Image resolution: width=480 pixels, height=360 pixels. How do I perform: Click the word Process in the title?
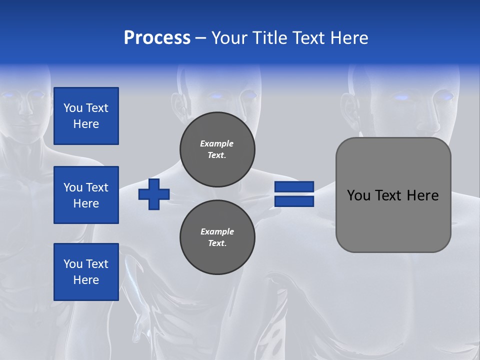pos(157,38)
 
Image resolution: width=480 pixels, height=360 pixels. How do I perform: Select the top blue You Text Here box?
pos(86,116)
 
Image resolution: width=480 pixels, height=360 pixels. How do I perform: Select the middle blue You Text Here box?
pos(86,195)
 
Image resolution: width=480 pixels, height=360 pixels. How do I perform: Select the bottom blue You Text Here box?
pos(86,272)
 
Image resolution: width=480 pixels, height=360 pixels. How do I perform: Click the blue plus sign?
pos(154,194)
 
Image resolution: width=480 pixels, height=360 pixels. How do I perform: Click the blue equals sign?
pos(294,194)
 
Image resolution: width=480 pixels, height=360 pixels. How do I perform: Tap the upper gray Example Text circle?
pos(217,149)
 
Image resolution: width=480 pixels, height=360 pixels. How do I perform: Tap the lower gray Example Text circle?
pos(217,237)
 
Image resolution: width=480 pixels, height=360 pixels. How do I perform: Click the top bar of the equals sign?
pos(294,187)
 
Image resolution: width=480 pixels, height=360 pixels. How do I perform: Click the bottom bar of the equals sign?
pos(294,201)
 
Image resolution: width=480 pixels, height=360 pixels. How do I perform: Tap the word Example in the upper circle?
pos(217,143)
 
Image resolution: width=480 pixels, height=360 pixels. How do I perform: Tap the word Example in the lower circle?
pos(217,231)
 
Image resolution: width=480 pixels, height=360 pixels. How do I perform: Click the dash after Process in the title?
pos(201,38)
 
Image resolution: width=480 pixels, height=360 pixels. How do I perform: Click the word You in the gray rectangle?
pos(358,195)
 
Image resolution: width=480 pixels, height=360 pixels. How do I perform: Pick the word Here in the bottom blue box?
pos(86,280)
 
